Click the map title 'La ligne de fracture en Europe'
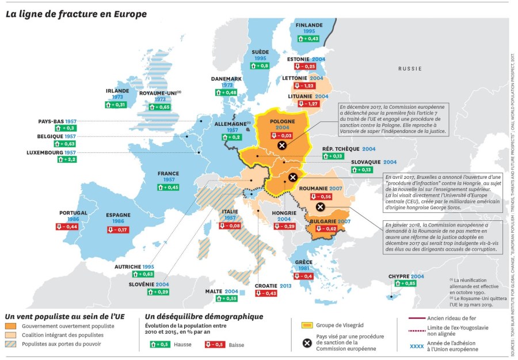[76, 13]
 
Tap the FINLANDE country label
[308, 25]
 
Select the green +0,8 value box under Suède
[260, 66]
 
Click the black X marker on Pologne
[281, 145]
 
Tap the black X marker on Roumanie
[321, 207]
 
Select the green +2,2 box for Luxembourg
[66, 159]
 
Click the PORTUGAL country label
[73, 213]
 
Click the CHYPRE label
[398, 276]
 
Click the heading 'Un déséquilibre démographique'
[204, 316]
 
